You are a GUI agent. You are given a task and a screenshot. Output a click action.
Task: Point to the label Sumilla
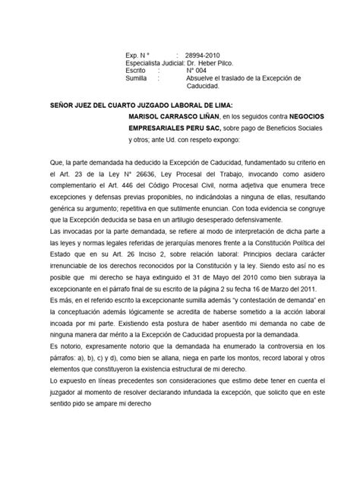point(136,78)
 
